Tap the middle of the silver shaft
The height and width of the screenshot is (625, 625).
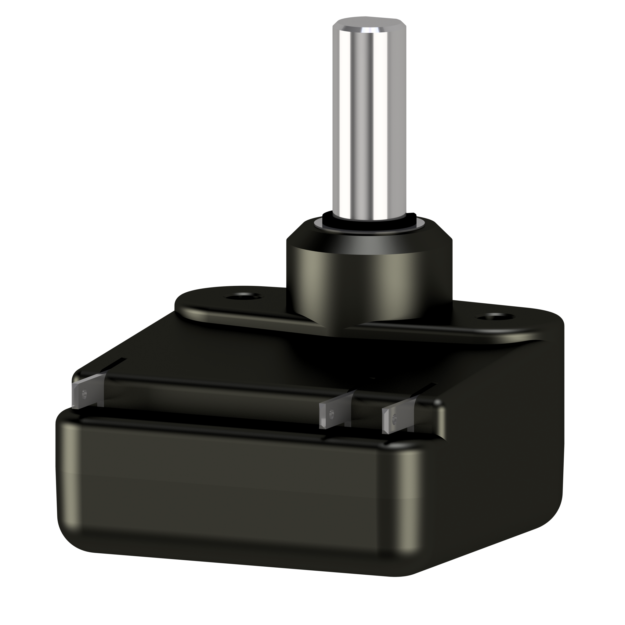369,123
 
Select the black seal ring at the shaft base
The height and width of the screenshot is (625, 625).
369,225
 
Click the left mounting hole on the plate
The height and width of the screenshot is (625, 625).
243,296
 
